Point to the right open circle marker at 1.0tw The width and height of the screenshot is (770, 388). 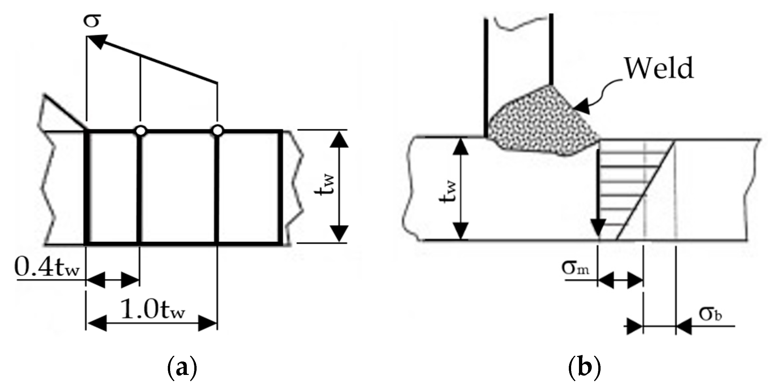coord(218,131)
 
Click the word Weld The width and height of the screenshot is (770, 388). coord(659,68)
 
